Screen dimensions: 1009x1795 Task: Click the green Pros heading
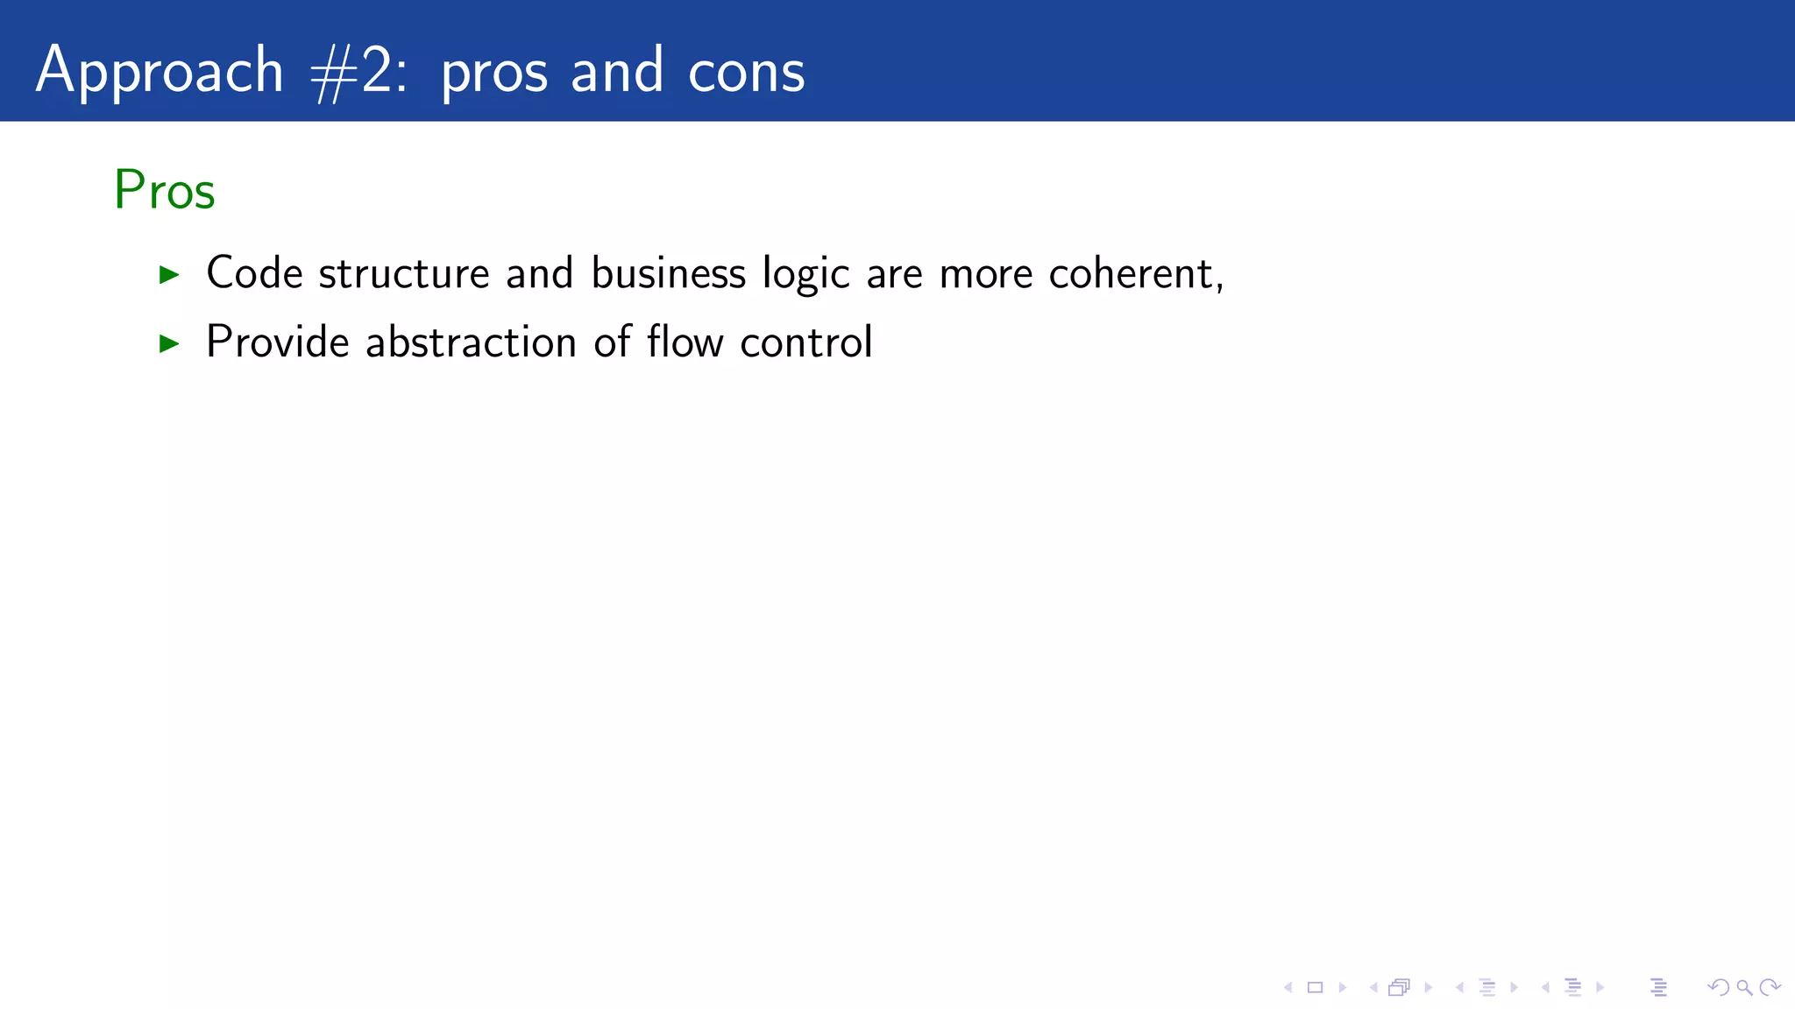point(164,190)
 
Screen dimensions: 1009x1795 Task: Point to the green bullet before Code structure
point(169,275)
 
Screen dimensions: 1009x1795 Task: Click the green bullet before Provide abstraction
point(169,343)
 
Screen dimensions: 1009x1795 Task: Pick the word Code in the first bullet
point(254,273)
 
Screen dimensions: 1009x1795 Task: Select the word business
point(668,273)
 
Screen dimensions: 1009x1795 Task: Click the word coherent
point(1131,273)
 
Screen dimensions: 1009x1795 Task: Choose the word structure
point(404,273)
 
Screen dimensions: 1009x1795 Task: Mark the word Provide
point(278,342)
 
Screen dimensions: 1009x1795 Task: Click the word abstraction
point(471,342)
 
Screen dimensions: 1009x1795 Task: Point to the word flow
point(685,342)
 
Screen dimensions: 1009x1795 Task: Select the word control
point(805,342)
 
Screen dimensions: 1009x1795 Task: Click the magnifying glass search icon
point(1744,988)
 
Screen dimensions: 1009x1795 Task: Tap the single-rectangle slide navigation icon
point(1315,988)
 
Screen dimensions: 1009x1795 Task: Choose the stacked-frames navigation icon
point(1399,988)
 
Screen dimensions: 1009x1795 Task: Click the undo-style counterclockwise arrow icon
point(1718,988)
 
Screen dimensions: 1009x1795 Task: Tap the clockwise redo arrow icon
point(1770,988)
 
